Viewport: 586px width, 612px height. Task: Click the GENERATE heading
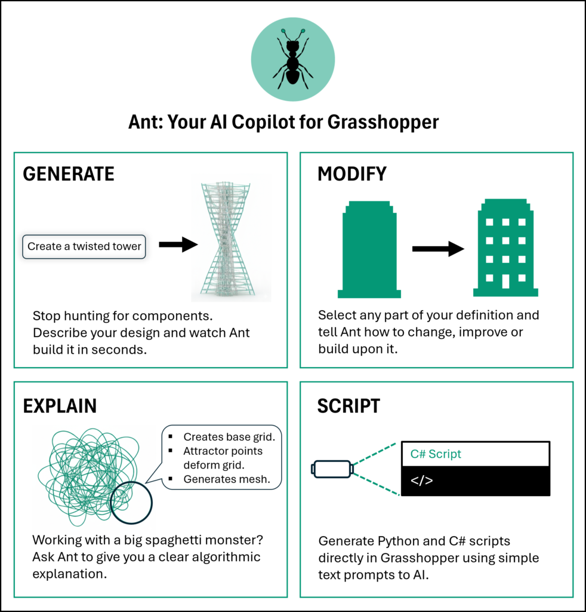coord(68,174)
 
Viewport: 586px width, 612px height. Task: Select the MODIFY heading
coord(352,174)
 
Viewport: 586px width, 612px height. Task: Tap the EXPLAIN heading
coord(60,406)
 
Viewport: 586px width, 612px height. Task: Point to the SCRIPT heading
coord(348,406)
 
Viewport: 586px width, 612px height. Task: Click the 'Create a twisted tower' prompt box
coord(84,246)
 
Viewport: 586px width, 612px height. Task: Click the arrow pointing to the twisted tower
coord(178,244)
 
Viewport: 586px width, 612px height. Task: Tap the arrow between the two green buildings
coord(438,249)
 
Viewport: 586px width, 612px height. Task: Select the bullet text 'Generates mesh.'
coord(227,479)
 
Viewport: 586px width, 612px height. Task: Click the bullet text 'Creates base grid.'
coord(232,437)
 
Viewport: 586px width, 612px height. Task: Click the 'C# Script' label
coord(436,454)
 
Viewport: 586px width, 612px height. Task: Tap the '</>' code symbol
coord(422,481)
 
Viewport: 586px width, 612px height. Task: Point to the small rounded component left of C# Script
coord(332,469)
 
